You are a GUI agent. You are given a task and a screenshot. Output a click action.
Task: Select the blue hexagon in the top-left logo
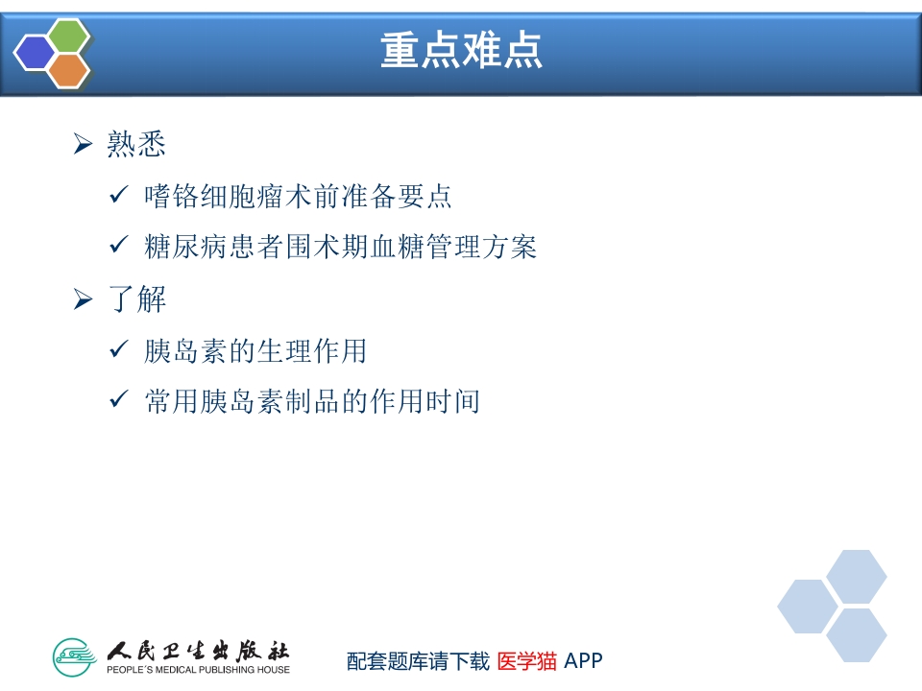36,53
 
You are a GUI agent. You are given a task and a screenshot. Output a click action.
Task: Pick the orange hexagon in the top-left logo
69,70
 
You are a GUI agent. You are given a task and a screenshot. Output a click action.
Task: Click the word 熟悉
136,145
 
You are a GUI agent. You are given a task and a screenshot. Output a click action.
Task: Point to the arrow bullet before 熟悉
84,145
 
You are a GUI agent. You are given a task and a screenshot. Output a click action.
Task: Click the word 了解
136,299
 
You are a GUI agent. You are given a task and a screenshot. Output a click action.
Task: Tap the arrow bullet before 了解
84,299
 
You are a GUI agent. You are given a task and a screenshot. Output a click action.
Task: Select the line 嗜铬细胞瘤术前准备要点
298,197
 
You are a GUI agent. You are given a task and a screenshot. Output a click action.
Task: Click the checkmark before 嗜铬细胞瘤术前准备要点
119,196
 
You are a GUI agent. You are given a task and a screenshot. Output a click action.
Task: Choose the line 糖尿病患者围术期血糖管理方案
340,247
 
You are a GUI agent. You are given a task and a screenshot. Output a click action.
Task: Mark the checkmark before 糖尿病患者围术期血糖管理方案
119,246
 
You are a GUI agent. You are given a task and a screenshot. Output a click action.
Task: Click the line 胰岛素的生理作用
255,351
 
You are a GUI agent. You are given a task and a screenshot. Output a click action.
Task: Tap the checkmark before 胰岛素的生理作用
119,350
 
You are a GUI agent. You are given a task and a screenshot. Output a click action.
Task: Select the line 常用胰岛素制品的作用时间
311,401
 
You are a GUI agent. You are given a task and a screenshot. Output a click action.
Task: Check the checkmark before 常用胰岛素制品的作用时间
119,400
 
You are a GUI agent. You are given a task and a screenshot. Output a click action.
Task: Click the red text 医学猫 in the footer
526,661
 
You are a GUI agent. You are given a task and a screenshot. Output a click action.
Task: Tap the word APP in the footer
583,661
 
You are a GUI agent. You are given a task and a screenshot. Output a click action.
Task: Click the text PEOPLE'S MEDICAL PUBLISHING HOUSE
198,669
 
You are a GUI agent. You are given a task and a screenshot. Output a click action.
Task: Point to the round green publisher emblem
76,657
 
